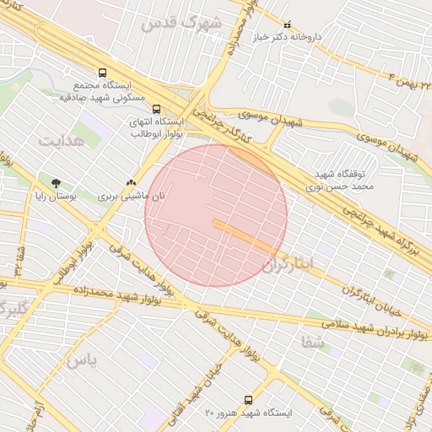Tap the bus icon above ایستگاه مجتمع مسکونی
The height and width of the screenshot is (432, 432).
tap(102, 73)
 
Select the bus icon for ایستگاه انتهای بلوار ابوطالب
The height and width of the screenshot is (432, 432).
tap(155, 109)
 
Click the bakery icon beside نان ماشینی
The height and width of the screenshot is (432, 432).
tap(129, 182)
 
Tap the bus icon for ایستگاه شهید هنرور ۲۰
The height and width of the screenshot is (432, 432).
tap(248, 400)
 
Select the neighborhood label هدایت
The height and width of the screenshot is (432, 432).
tap(62, 140)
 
